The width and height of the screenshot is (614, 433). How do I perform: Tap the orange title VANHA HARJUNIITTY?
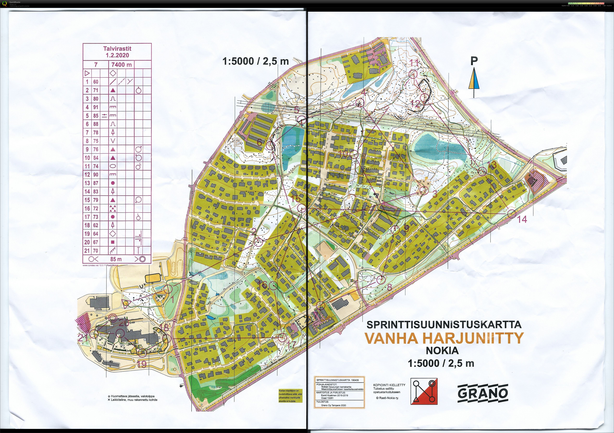444,338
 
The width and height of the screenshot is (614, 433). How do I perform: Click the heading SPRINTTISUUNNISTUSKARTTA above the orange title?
444,324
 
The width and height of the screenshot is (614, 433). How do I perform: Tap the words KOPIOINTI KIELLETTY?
389,385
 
